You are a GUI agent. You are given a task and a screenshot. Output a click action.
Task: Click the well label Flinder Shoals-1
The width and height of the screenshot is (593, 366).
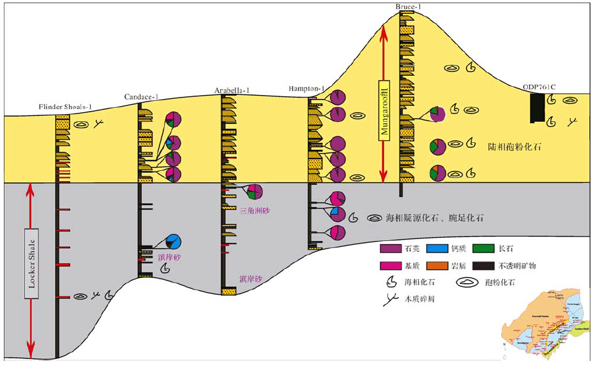(62, 107)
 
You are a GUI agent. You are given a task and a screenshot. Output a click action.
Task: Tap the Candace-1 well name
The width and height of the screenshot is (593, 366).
(140, 97)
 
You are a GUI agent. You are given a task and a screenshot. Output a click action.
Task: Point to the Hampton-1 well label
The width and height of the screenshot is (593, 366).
(308, 88)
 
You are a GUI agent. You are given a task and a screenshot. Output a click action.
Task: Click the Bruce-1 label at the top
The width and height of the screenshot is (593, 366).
(403, 5)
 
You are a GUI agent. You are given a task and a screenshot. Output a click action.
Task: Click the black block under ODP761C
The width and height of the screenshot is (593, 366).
(537, 108)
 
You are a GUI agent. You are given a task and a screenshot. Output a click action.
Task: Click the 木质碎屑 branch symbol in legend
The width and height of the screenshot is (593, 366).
(388, 302)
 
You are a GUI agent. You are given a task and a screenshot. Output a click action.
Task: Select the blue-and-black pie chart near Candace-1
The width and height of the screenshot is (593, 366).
(172, 242)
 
